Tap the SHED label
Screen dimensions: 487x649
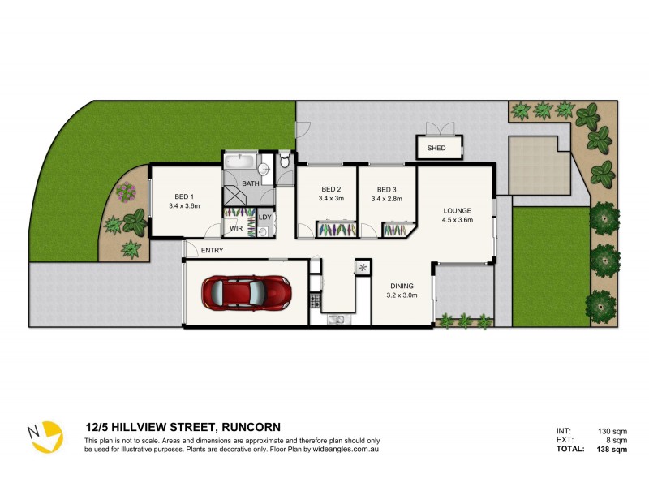pos(436,149)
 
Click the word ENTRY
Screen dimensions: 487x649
pos(212,250)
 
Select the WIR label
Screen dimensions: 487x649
pos(237,230)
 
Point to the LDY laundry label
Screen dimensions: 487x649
pos(264,217)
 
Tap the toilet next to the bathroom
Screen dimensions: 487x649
pos(283,162)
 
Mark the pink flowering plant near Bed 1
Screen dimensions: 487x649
pos(125,192)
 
